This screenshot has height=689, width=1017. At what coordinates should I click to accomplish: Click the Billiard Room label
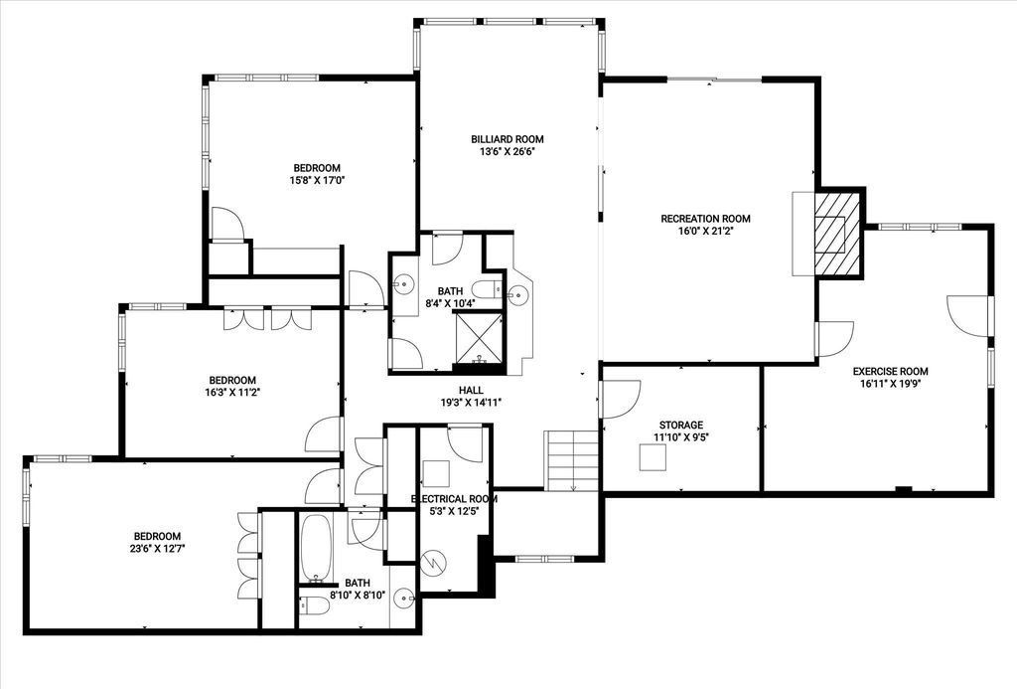coord(508,139)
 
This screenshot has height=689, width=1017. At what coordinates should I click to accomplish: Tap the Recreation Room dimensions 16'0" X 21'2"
coord(705,231)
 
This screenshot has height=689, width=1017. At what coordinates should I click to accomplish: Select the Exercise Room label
coord(890,372)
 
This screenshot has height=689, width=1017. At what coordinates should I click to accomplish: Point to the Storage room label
coord(681,426)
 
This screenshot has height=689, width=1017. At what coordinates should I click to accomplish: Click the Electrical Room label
coord(454,499)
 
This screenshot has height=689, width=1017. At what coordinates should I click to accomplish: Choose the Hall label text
coord(471,391)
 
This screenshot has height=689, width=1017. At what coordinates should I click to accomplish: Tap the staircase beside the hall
coord(571,460)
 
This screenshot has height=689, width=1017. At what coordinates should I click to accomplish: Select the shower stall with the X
coord(480,338)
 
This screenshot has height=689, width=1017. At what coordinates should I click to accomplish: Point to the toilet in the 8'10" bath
coord(314,605)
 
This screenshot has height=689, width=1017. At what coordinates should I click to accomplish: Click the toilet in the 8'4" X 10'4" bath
coord(486,288)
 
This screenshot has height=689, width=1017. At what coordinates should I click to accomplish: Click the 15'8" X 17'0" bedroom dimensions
coord(316,181)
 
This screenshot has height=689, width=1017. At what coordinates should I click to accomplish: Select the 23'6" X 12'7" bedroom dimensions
coord(157,548)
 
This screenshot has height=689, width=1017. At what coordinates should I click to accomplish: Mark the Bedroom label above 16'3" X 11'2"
coord(232,380)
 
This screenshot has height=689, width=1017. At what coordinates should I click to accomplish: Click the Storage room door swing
coord(621,399)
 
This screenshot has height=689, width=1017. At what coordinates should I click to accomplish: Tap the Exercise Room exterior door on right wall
coord(969,316)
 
